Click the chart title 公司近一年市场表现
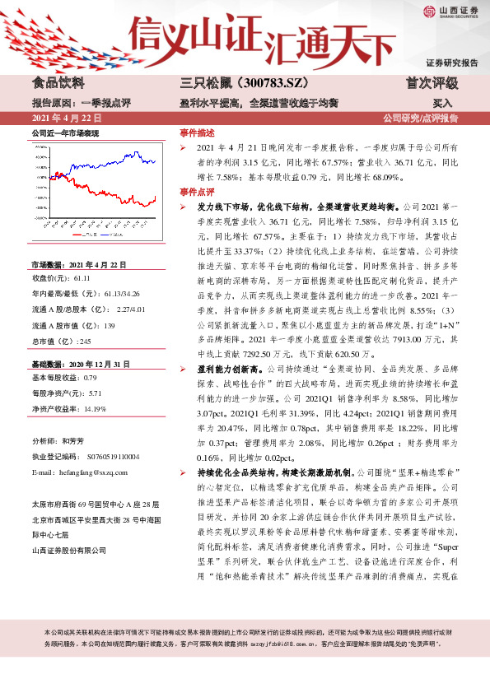coord(65,133)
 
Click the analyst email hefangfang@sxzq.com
coord(90,473)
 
